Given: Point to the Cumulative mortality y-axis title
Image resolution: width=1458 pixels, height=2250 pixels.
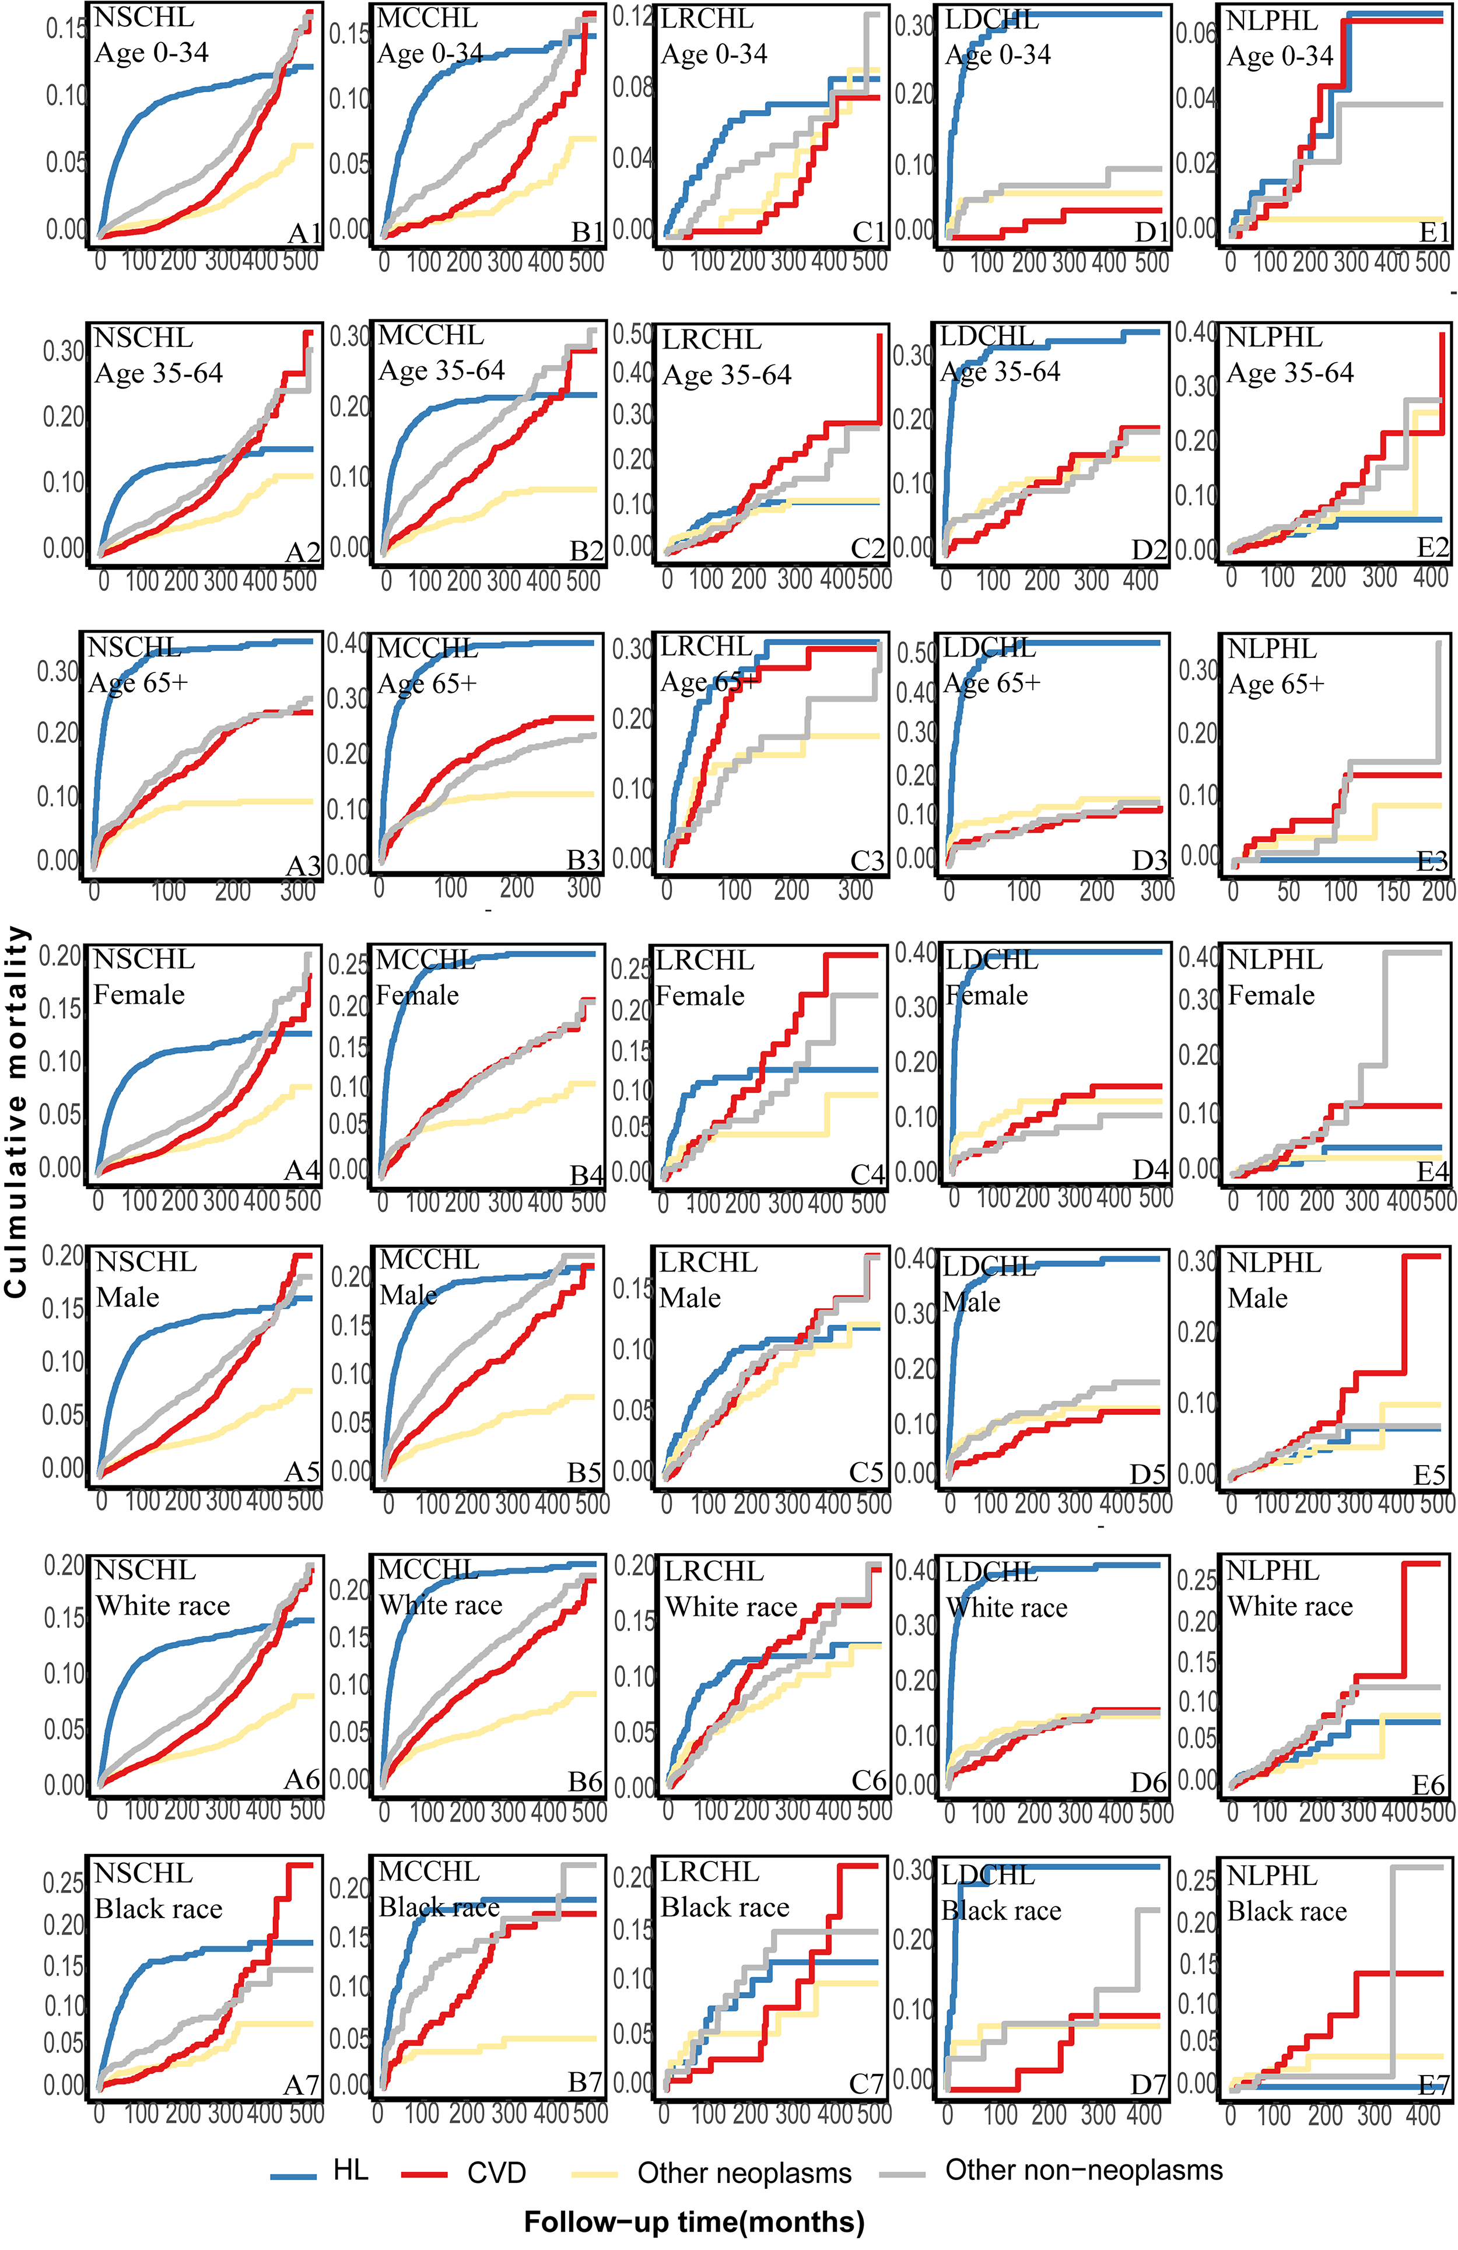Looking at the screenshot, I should tap(16, 1112).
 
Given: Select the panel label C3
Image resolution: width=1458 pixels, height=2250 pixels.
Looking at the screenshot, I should tap(867, 860).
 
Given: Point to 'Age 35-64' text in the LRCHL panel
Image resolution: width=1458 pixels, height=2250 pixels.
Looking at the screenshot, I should tap(726, 376).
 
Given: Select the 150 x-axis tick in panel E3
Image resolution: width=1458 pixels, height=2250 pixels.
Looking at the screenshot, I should tap(1393, 892).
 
